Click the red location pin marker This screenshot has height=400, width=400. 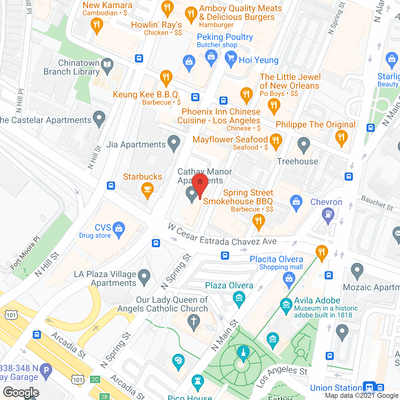200,182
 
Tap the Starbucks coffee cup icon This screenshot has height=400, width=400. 147,189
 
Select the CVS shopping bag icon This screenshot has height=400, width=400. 119,229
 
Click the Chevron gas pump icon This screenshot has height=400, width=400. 328,214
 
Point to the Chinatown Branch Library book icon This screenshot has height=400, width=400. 107,65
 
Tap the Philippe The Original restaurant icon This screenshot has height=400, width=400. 341,137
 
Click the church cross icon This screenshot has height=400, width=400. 194,321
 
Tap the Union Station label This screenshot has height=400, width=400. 336,388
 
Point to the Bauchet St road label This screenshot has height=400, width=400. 377,203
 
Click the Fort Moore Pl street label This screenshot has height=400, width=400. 25,252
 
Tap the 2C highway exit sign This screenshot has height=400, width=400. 95,379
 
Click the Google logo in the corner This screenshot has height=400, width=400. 21,392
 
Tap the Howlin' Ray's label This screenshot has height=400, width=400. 156,25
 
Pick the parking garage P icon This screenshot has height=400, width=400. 46,371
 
